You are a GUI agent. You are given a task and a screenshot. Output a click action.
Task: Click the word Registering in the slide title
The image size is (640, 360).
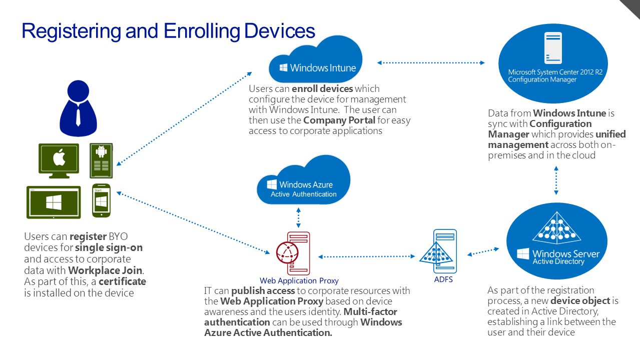click(x=72, y=31)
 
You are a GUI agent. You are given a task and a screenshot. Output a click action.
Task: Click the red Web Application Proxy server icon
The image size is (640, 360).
click(x=293, y=253)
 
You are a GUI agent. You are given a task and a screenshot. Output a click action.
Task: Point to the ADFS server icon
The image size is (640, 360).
click(x=438, y=251)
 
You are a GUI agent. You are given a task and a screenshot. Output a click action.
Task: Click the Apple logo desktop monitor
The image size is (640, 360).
click(x=59, y=160)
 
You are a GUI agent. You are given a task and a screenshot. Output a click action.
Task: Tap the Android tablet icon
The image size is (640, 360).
click(x=101, y=160)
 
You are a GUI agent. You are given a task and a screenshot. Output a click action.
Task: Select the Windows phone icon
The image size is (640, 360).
click(x=102, y=200)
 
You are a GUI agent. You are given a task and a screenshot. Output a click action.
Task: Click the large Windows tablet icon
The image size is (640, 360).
click(x=54, y=202)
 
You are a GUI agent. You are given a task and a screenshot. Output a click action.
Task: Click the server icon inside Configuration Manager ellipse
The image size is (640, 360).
click(x=553, y=47)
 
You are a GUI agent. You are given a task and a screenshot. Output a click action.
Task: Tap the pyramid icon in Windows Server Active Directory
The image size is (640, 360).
click(x=556, y=227)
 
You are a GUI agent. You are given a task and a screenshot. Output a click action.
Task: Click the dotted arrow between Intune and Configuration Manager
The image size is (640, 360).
click(x=431, y=63)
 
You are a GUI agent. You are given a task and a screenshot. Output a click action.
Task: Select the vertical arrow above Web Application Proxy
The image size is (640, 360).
click(x=299, y=217)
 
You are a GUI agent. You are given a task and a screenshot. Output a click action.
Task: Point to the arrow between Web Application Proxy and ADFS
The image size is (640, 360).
click(x=367, y=256)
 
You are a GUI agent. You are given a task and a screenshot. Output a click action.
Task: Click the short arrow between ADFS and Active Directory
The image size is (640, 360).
click(x=483, y=252)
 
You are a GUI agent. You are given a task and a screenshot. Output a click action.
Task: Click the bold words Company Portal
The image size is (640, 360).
click(x=339, y=120)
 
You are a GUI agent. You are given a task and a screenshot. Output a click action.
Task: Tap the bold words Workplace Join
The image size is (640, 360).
click(x=105, y=270)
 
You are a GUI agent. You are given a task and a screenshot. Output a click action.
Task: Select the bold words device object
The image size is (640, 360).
click(x=580, y=301)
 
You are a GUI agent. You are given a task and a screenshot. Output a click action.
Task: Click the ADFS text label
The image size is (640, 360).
click(x=443, y=279)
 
